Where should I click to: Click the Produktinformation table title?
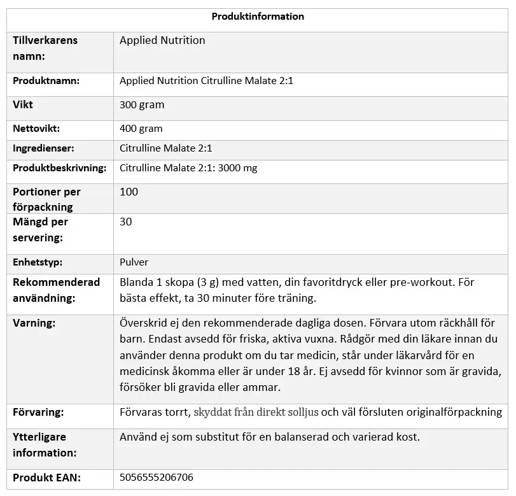[258, 17]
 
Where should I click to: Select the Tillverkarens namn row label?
[45, 48]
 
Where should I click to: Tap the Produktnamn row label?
[46, 81]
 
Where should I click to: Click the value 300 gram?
[142, 104]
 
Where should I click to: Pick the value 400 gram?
[141, 128]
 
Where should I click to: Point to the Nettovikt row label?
[36, 128]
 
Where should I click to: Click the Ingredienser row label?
[43, 148]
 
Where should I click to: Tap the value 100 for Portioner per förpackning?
[129, 192]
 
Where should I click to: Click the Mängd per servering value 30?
[125, 222]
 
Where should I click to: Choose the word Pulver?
[134, 262]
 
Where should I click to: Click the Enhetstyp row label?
[38, 262]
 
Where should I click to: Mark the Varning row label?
[34, 323]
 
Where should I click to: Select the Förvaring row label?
[38, 412]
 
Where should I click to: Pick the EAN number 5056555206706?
[157, 477]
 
